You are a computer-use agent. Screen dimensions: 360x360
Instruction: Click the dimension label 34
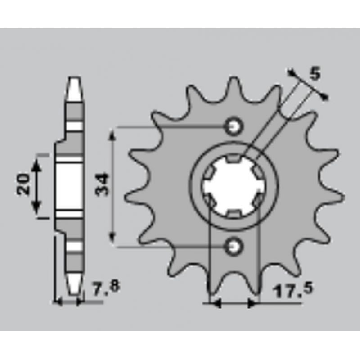click(102, 185)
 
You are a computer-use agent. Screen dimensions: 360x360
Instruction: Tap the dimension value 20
click(24, 184)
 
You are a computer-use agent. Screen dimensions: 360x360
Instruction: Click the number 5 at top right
click(315, 74)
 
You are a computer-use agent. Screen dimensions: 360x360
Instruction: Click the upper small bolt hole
click(234, 126)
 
